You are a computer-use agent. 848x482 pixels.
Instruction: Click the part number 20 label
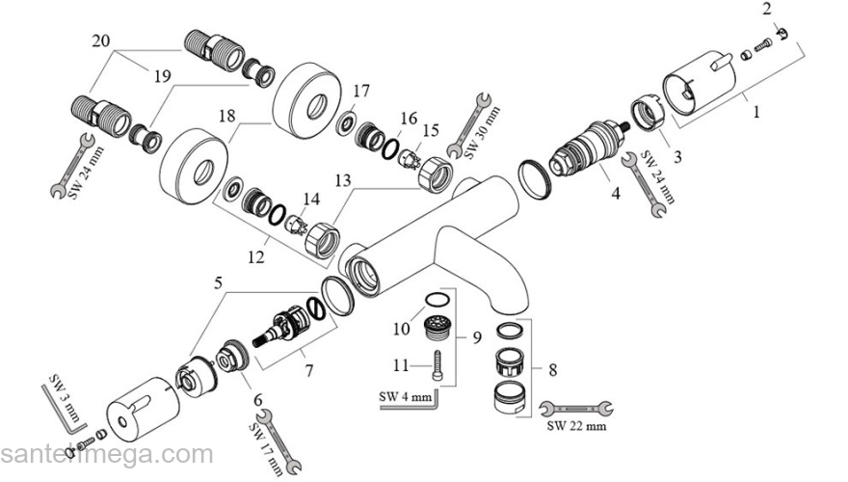[x=100, y=41]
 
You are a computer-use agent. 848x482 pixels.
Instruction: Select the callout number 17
[x=359, y=91]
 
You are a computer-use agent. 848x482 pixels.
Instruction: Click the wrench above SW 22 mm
[x=576, y=408]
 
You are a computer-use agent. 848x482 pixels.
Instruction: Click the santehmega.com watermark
[x=106, y=453]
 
